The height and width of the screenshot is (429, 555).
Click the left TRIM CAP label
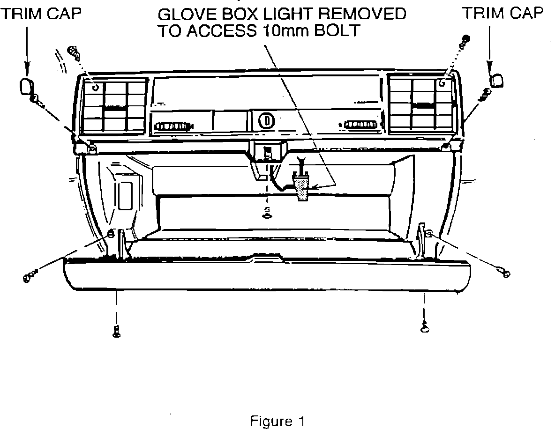point(41,14)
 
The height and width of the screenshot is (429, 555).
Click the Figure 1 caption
point(277,421)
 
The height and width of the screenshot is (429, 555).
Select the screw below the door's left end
point(116,331)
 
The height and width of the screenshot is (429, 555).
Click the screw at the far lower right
point(504,273)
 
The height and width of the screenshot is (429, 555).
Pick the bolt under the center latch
point(267,215)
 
